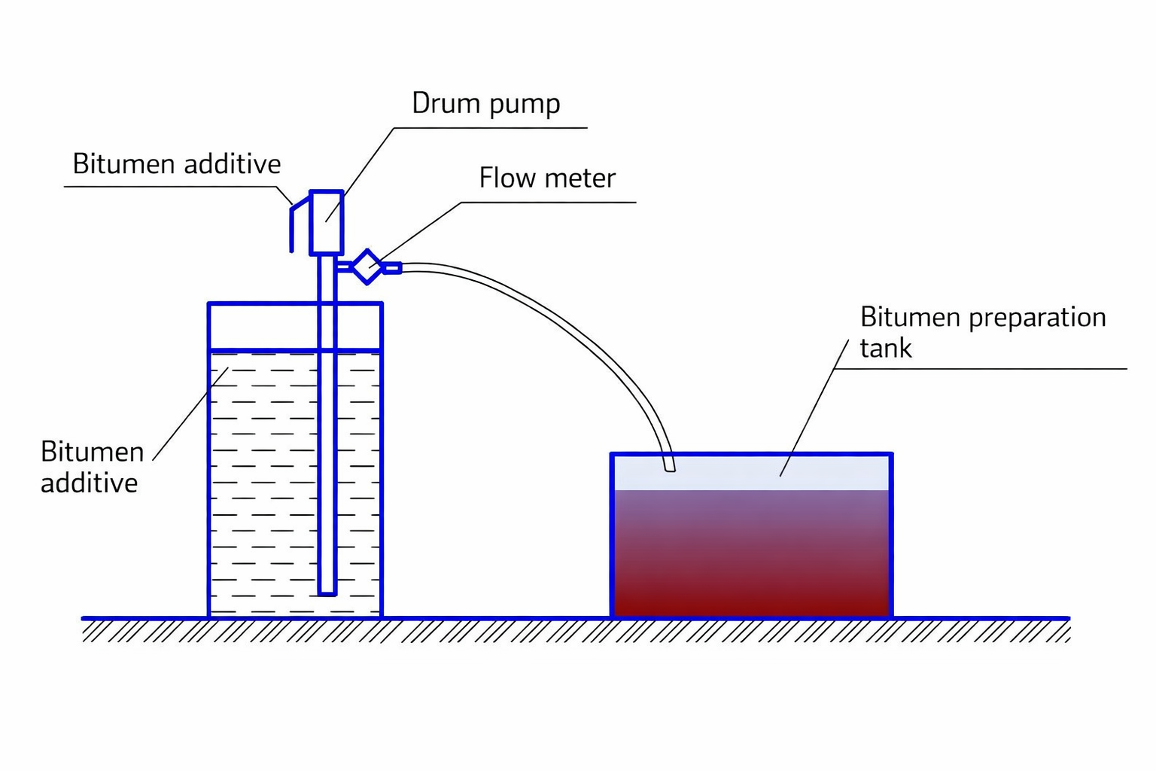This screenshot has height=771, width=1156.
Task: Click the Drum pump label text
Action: [x=485, y=104]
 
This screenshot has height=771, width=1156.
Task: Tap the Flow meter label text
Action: [x=547, y=178]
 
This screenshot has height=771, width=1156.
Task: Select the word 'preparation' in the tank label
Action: [x=1037, y=318]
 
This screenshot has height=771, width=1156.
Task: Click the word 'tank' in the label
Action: [x=886, y=349]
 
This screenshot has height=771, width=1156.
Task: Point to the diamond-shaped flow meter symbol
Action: [x=367, y=267]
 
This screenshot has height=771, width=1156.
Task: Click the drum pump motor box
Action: [x=327, y=222]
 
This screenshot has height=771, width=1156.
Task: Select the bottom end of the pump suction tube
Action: [x=327, y=592]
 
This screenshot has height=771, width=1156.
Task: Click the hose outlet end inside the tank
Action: [x=669, y=467]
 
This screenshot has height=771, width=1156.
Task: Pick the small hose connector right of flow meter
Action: [x=392, y=267]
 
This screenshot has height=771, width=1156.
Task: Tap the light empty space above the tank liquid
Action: [x=722, y=473]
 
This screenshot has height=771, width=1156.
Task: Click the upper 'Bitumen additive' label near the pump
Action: [x=177, y=164]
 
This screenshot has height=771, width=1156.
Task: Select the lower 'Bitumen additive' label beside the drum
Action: [x=91, y=468]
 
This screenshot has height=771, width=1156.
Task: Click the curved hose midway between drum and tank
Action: [x=572, y=324]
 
